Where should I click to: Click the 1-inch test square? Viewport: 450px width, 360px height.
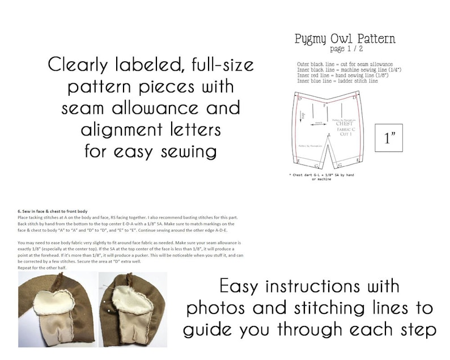pyautogui.click(x=388, y=138)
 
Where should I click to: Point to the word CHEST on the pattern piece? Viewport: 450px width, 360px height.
pyautogui.click(x=344, y=123)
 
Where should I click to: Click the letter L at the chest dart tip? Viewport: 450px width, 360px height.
pyautogui.click(x=329, y=134)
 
